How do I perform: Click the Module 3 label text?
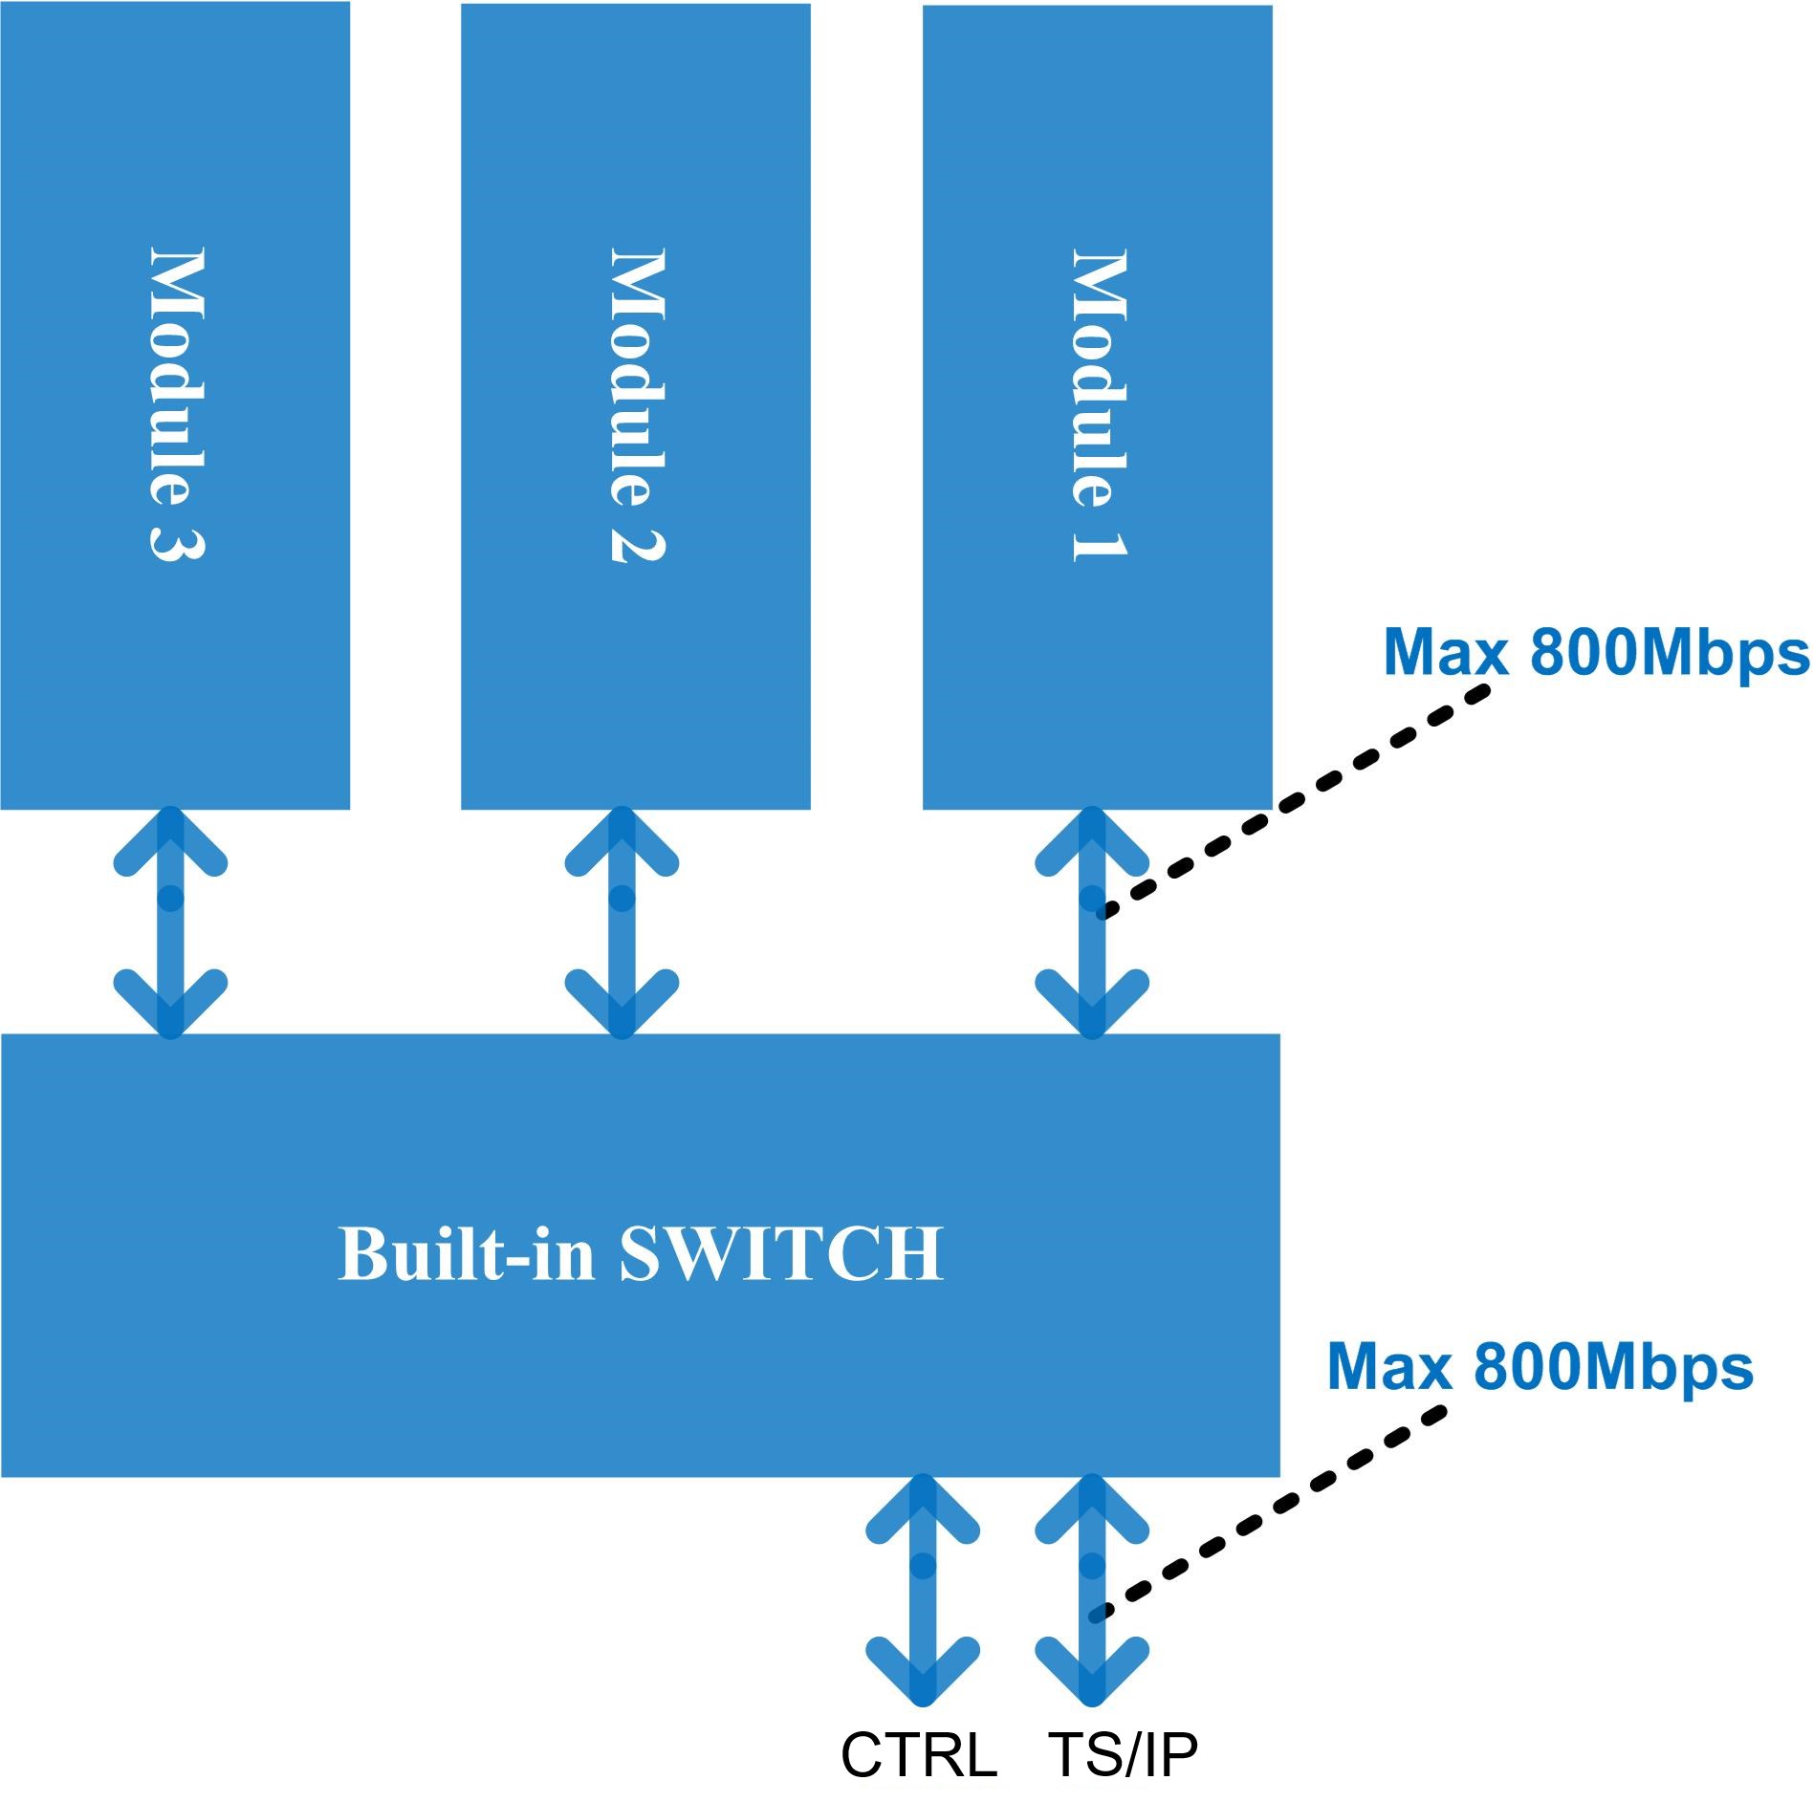click(x=178, y=403)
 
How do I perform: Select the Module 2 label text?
click(x=638, y=403)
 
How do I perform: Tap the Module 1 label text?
click(x=1099, y=403)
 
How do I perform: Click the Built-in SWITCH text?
click(x=641, y=1253)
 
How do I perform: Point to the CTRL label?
click(x=918, y=1755)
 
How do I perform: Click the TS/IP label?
click(x=1123, y=1755)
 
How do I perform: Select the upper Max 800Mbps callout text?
click(x=1595, y=653)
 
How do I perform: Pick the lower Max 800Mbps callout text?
click(x=1540, y=1367)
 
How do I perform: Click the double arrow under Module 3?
click(x=170, y=923)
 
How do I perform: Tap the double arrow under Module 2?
click(x=622, y=923)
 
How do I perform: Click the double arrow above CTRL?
click(x=922, y=1590)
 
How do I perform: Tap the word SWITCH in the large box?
click(x=781, y=1253)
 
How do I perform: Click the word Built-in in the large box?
click(x=466, y=1253)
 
